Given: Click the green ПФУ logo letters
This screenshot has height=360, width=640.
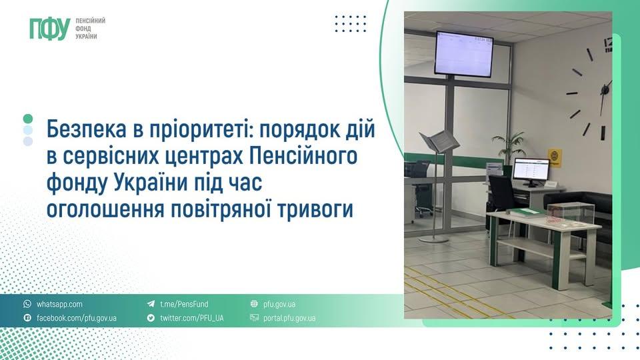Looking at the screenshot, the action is (50, 29).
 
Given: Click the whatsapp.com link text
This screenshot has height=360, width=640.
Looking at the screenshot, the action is (59, 304).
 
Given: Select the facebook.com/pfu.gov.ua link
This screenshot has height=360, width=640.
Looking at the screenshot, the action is (76, 318).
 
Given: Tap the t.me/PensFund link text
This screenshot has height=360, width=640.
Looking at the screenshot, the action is (184, 304).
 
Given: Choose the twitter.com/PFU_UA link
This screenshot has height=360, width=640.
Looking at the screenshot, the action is (192, 318).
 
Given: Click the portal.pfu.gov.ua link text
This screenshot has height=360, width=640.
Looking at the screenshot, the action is (289, 318).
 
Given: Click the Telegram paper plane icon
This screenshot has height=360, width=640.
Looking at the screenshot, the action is (151, 304).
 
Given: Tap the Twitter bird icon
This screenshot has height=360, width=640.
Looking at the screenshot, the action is (151, 317).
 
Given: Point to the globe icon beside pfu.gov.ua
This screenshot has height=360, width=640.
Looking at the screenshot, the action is (254, 304).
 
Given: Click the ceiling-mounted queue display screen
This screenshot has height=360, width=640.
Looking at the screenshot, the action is (464, 54).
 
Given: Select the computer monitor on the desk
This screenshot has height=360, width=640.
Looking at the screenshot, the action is (531, 171).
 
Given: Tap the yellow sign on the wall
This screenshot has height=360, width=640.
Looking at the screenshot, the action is (555, 158).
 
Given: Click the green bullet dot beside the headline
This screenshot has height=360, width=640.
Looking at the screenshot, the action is (28, 119).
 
